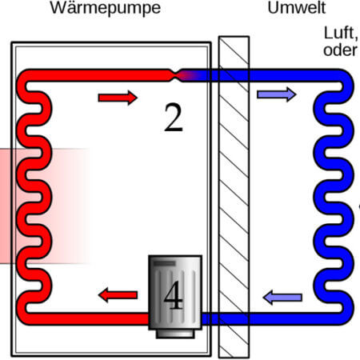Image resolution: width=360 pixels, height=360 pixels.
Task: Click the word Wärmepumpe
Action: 106,8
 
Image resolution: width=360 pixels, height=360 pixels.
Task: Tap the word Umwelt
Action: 297,8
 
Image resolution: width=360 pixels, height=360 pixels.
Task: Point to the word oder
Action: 340,50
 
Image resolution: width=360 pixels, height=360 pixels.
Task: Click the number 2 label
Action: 174,118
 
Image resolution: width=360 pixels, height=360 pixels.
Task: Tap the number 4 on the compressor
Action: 174,295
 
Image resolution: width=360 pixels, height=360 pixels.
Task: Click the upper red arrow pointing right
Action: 118,98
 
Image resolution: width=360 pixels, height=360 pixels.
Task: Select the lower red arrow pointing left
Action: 118,295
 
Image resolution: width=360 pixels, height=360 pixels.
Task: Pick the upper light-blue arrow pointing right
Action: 277,94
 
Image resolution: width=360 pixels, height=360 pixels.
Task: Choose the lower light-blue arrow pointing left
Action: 282,298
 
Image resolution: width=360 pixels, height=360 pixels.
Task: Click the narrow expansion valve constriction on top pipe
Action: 174,75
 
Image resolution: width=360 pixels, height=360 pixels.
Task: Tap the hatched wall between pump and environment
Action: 234,197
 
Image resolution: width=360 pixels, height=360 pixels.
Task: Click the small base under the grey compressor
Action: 175,334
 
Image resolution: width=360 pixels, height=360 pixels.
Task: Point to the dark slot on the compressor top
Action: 164,264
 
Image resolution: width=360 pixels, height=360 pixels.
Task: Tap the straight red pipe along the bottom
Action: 88,318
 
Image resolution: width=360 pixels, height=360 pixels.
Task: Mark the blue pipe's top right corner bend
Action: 346,78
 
